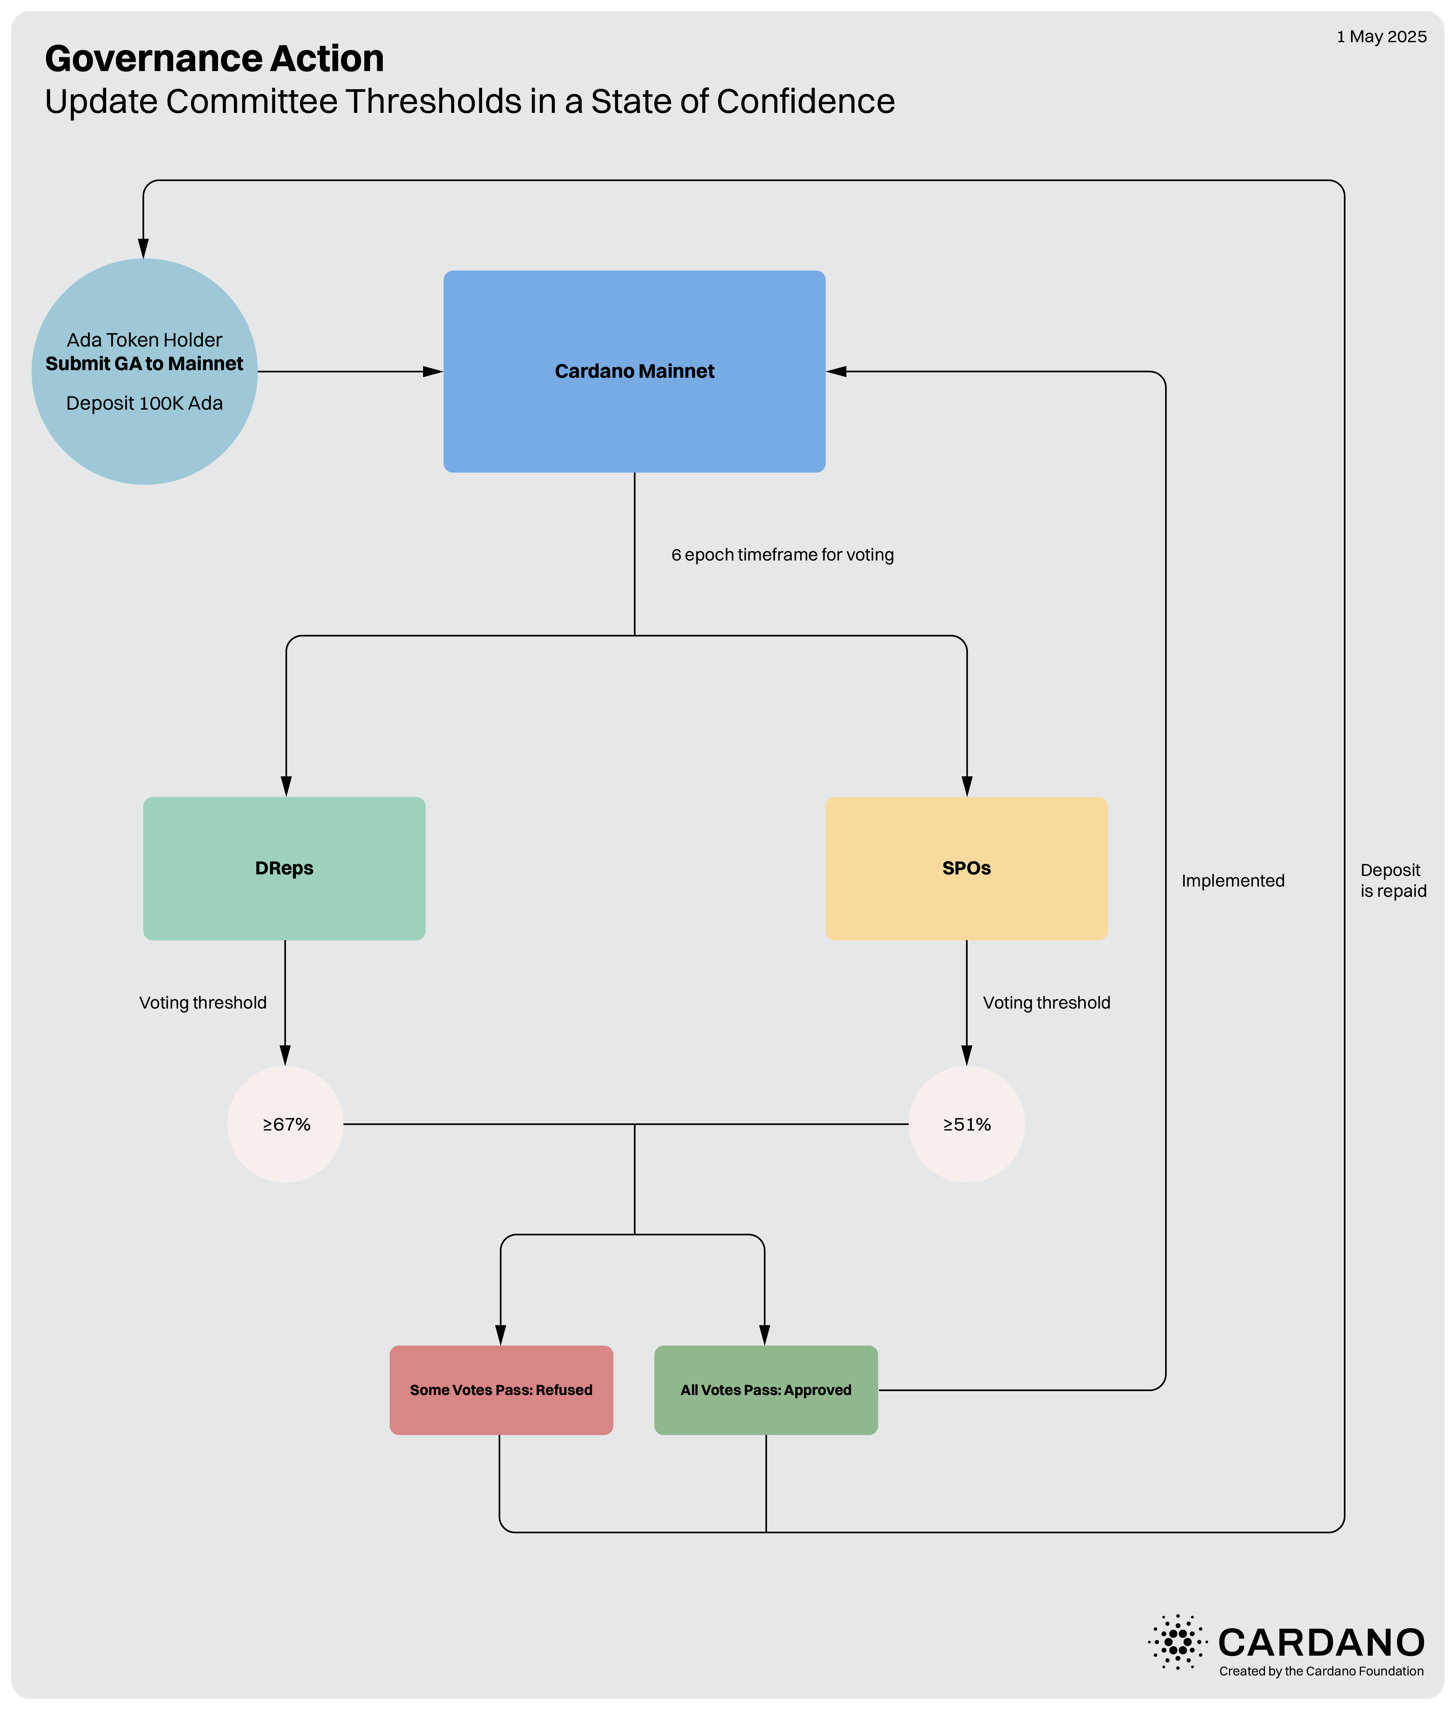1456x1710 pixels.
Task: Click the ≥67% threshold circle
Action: (286, 1124)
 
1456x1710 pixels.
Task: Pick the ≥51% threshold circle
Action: (967, 1124)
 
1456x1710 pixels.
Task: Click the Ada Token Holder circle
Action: (144, 371)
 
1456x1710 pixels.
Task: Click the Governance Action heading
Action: (215, 59)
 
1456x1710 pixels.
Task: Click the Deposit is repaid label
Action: (1393, 880)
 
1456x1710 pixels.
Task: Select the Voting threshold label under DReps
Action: (203, 1003)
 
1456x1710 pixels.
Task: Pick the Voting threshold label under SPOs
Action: (1047, 1003)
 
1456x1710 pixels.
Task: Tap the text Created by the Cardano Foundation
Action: (1322, 1671)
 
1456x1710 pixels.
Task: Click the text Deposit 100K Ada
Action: (144, 403)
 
